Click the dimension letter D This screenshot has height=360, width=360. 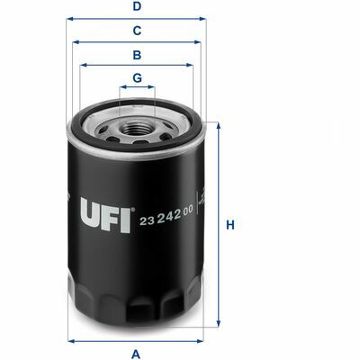point(137,6)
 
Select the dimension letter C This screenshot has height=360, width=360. point(137,31)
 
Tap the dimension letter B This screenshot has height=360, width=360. point(137,55)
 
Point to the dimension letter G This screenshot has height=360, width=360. point(137,78)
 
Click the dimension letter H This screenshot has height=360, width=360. point(230,225)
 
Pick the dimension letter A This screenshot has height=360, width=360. point(136,354)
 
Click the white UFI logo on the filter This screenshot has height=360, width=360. point(105,215)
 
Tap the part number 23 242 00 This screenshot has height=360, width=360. point(166,217)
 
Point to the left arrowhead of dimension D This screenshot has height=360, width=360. point(69,19)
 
